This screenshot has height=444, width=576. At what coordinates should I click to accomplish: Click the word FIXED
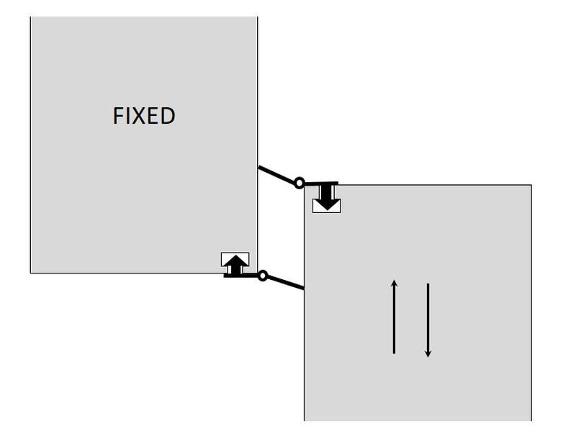point(144,116)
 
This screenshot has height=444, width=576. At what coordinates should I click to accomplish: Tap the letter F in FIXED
point(118,116)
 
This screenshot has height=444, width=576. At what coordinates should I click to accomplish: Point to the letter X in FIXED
point(138,116)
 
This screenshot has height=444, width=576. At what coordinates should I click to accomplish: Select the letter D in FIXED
point(168,116)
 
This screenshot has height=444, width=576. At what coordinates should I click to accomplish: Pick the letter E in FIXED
point(153,116)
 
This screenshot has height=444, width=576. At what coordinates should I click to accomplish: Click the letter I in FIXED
point(127,116)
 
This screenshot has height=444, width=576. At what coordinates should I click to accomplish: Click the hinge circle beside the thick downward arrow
point(300,183)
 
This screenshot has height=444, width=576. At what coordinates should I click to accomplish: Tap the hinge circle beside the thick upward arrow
point(263,276)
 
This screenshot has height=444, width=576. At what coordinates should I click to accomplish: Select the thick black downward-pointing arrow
point(328,197)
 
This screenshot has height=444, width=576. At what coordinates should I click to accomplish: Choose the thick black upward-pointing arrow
point(235,264)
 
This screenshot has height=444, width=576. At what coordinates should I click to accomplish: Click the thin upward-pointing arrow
point(394,317)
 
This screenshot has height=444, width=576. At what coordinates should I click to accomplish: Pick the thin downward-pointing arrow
point(428,320)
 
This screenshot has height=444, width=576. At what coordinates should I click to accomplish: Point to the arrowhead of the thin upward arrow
point(394,283)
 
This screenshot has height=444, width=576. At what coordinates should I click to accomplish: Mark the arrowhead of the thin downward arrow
point(428,353)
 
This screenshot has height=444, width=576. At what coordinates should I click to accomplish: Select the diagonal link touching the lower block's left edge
point(286,283)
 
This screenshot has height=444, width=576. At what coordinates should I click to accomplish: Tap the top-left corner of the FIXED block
point(30,17)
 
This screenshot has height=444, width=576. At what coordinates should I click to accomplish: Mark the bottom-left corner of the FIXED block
point(30,273)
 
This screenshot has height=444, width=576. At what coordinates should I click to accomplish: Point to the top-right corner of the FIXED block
point(257,17)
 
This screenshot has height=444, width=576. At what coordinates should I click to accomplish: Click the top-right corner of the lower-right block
point(531,185)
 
